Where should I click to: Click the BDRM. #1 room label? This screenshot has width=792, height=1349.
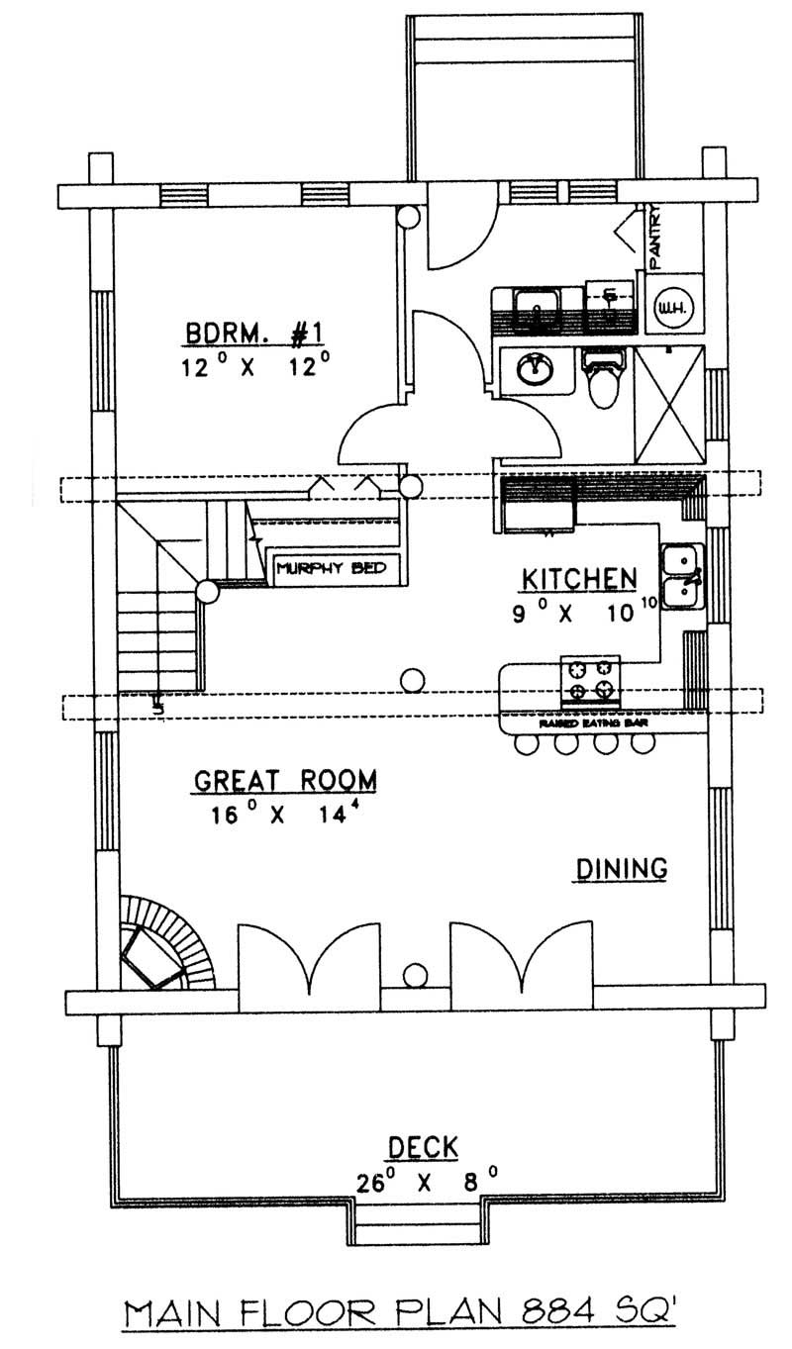(x=255, y=334)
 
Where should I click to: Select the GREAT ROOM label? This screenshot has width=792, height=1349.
(x=284, y=781)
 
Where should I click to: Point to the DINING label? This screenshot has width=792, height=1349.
(x=621, y=868)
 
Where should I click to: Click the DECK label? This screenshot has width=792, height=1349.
(x=422, y=1147)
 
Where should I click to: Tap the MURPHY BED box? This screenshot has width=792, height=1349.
(x=326, y=568)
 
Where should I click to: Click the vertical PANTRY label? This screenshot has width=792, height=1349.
(x=655, y=234)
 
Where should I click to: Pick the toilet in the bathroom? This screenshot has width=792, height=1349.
(x=603, y=380)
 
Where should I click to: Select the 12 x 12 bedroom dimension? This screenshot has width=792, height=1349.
(x=255, y=367)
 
